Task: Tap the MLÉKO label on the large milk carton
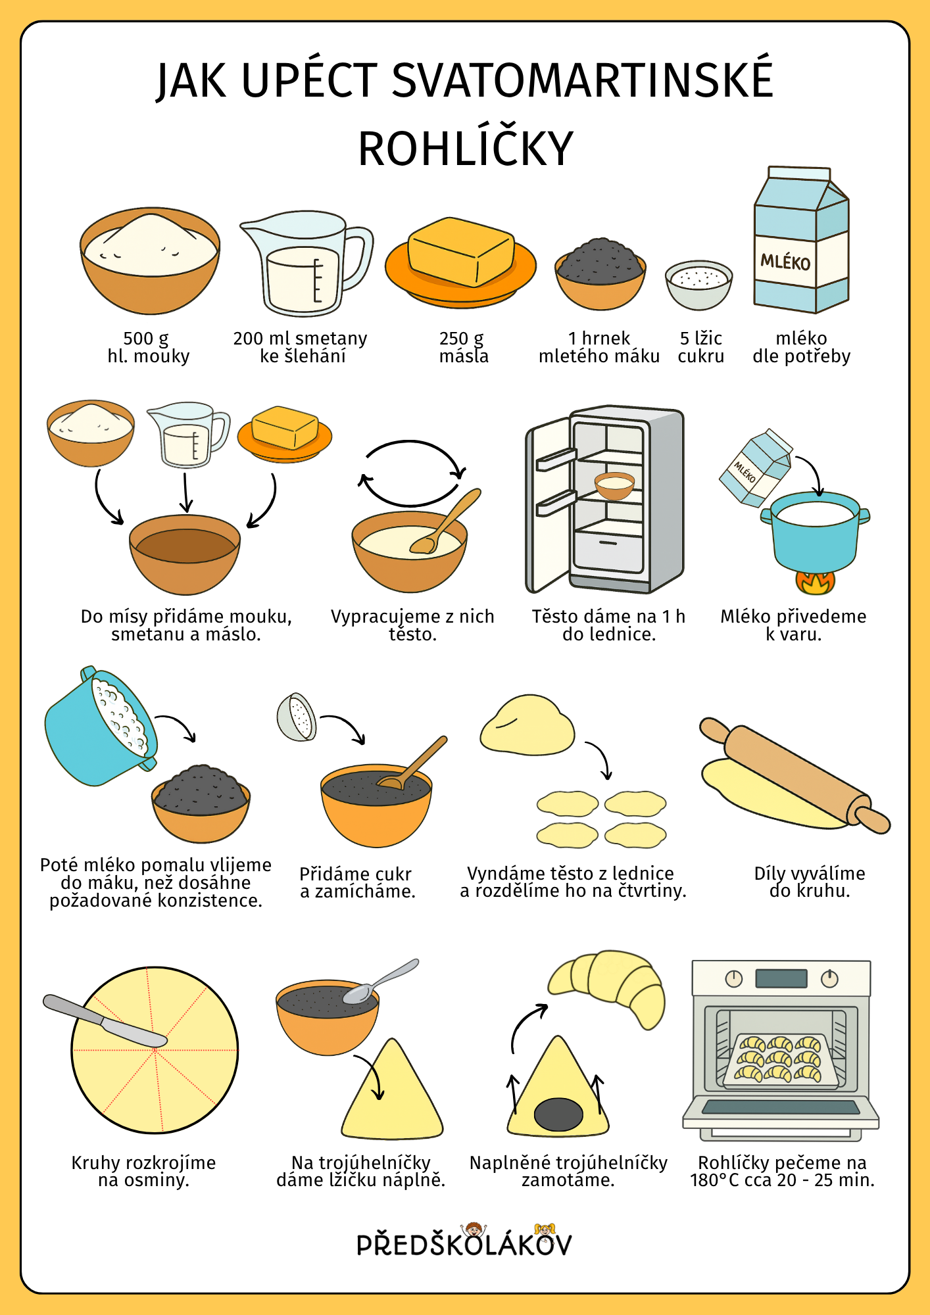click(x=785, y=262)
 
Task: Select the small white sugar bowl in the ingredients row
click(x=698, y=285)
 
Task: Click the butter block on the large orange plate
click(x=460, y=252)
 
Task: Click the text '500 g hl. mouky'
click(x=148, y=347)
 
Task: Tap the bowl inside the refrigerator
click(x=614, y=485)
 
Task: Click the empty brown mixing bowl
click(x=185, y=554)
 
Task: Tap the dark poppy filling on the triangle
click(x=558, y=1114)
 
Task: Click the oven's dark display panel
click(x=781, y=978)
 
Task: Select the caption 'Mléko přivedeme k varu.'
click(x=793, y=625)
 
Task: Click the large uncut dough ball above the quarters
click(x=527, y=726)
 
